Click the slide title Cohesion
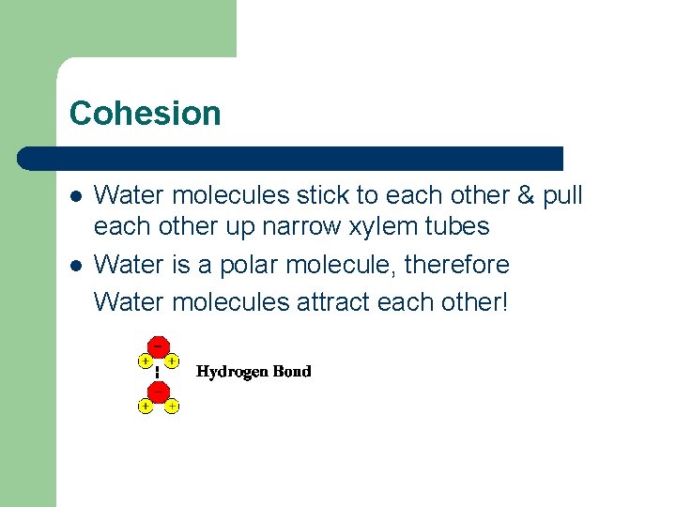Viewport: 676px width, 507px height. click(x=145, y=114)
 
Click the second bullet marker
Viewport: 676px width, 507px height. click(x=76, y=266)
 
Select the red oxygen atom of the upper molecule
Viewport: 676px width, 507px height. click(x=159, y=347)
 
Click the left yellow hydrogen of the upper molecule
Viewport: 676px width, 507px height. click(x=145, y=361)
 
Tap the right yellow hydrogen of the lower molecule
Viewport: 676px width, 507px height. click(x=173, y=407)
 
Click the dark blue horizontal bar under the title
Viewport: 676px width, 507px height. click(x=291, y=158)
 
